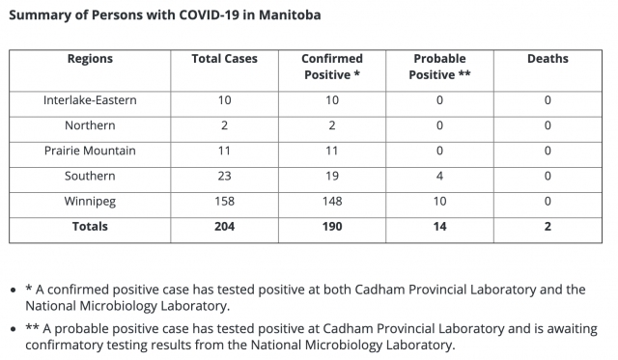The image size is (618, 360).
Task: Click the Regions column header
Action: [x=90, y=59]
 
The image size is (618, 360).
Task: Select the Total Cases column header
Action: [x=224, y=59]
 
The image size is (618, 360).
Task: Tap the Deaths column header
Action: [x=548, y=59]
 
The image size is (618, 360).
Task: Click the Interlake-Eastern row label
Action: [x=90, y=100]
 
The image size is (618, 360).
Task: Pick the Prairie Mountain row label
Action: [x=90, y=151]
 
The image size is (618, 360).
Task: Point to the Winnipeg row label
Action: [x=90, y=202]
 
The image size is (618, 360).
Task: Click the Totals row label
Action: [x=90, y=227]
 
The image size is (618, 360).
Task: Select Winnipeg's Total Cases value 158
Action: [x=224, y=202]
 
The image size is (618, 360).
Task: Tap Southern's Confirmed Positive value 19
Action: [x=332, y=176]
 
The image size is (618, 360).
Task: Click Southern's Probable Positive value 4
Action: [x=439, y=176]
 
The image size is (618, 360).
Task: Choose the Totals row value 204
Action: [x=224, y=227]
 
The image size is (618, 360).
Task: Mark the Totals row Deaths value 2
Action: [x=548, y=227]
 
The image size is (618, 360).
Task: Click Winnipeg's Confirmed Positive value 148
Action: [x=332, y=202]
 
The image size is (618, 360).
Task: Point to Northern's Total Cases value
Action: [x=224, y=125]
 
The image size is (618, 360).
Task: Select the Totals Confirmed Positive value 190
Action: [x=332, y=227]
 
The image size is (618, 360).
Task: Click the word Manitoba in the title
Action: [x=290, y=15]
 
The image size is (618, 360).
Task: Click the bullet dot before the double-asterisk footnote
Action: [x=14, y=328]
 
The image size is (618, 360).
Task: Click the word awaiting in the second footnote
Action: [x=573, y=329]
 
